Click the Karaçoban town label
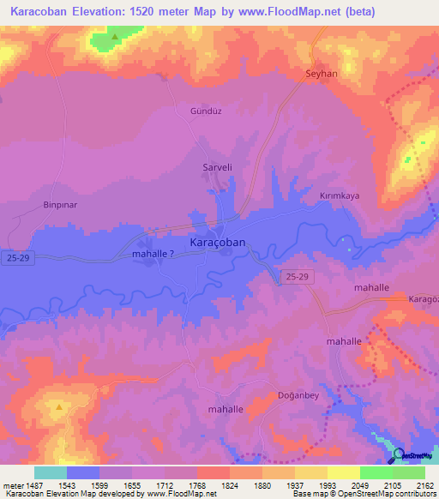tap(218, 243)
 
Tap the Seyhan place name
tap(322, 75)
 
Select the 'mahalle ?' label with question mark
tap(154, 255)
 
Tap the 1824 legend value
tap(229, 484)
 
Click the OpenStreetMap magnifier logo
tap(398, 455)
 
